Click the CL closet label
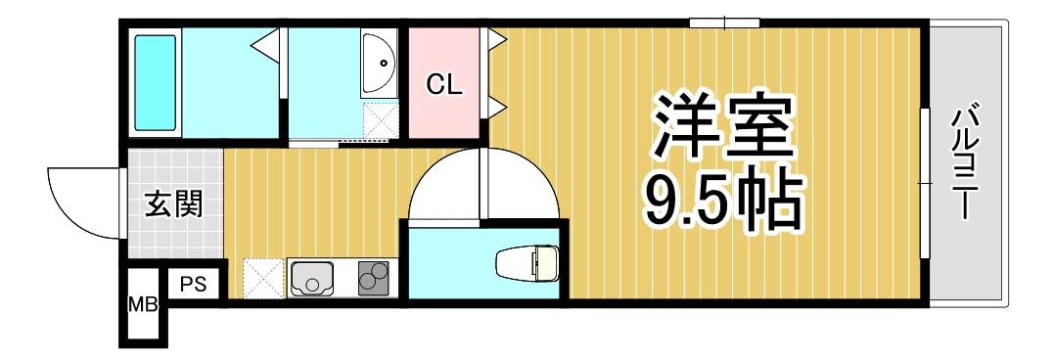click(443, 85)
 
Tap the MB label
click(143, 305)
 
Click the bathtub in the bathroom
click(156, 82)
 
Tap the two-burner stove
click(374, 278)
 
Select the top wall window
click(724, 23)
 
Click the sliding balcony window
click(926, 183)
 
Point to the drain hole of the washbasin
click(384, 64)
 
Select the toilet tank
click(546, 263)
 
